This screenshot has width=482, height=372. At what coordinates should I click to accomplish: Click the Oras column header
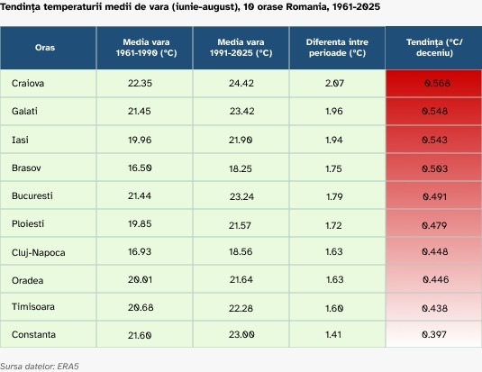pos(45,48)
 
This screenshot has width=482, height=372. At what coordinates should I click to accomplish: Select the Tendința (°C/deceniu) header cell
pos(434,48)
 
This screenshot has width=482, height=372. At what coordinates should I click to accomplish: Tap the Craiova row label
pos(28,83)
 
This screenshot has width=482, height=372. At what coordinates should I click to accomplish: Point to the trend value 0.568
pos(437,83)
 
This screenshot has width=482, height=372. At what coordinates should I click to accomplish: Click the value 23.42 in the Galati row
pos(242,111)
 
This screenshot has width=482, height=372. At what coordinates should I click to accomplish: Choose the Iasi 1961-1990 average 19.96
pos(140,140)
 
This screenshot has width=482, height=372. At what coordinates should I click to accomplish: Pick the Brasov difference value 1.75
pos(333,168)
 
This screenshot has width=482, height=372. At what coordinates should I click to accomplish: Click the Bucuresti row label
pos(32,195)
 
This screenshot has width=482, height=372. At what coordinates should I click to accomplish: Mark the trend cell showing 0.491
pos(434,196)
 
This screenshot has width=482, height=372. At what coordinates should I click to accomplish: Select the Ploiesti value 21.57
pos(240,225)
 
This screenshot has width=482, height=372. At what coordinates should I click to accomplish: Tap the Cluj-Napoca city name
pos(38,253)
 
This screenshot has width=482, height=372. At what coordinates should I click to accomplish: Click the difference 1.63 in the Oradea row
pos(335,279)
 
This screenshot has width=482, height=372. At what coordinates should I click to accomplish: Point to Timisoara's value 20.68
pos(141,307)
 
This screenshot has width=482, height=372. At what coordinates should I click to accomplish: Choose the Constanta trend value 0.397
pos(434,334)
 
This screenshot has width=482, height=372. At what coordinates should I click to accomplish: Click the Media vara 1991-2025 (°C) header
pos(241,48)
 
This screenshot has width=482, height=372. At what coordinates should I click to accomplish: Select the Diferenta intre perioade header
pos(337,48)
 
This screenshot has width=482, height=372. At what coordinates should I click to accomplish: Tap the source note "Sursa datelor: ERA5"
pos(40,367)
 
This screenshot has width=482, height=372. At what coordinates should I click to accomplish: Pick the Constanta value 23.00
pos(241,334)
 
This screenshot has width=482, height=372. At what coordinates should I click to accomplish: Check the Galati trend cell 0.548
pos(434,111)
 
